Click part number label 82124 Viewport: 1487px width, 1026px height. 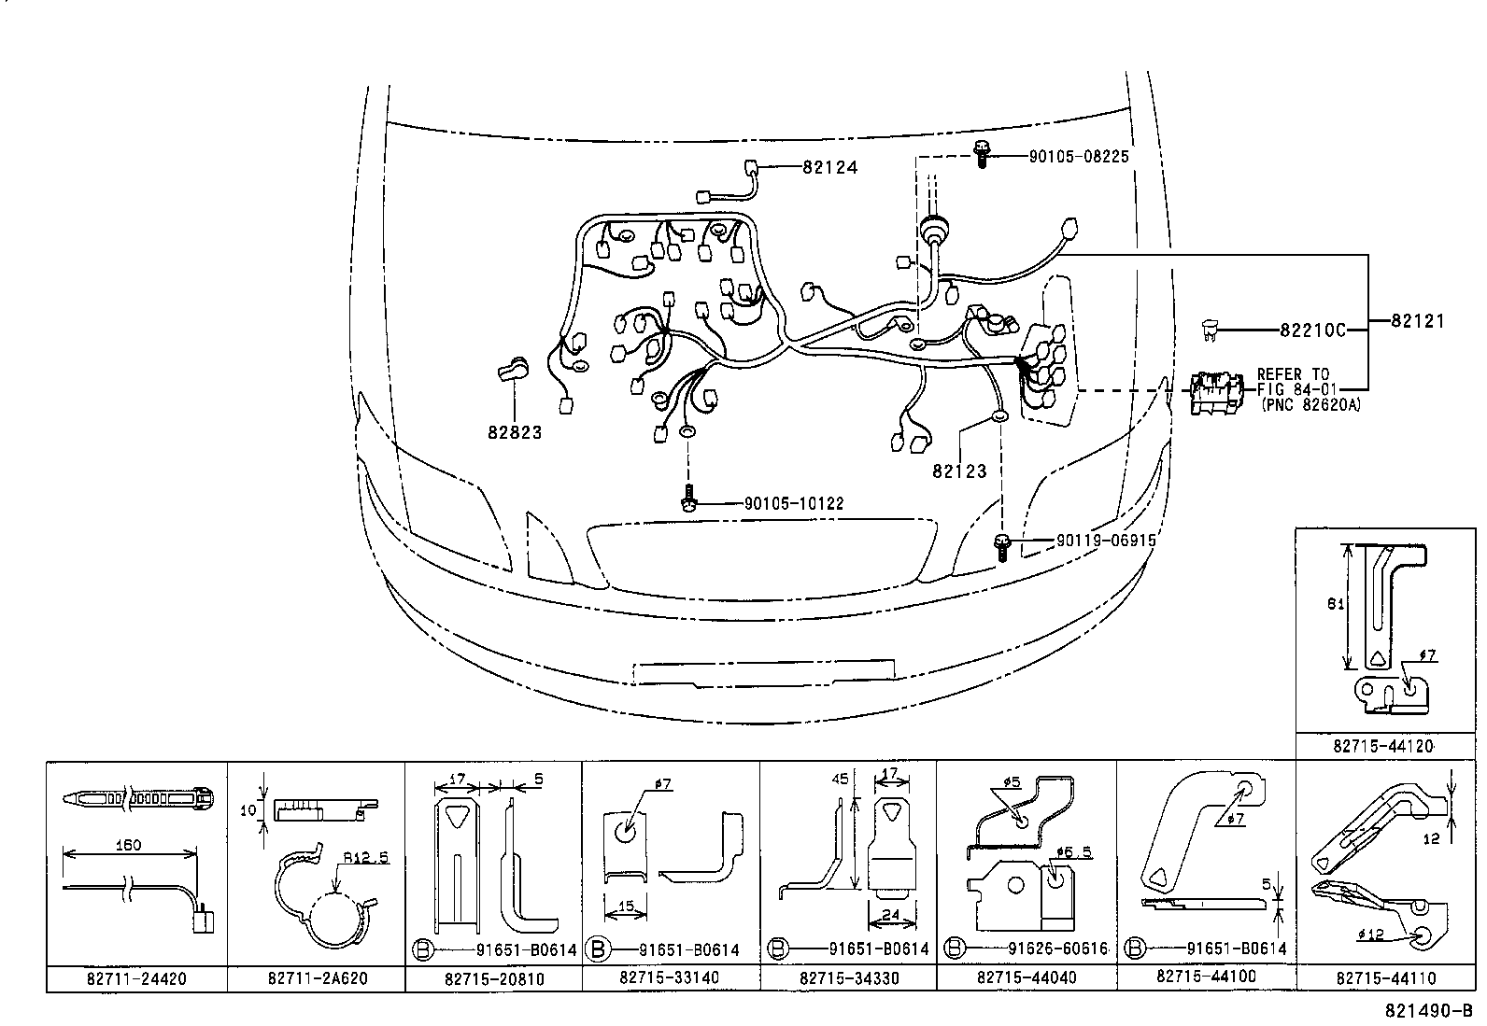coord(829,167)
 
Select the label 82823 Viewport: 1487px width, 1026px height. coord(514,432)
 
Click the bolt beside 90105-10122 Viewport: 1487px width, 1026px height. coord(688,499)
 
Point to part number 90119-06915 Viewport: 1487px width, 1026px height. coord(1106,541)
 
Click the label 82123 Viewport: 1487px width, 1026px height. coord(959,471)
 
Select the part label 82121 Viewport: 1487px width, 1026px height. coord(1417,320)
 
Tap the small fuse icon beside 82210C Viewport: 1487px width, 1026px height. coord(1211,329)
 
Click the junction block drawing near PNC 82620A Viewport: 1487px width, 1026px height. coord(1216,392)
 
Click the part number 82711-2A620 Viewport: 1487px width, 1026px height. coord(318,977)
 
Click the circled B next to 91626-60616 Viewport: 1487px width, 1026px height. coord(954,949)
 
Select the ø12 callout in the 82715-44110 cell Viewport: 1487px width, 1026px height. coord(1372,935)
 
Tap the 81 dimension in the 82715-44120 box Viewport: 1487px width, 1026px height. coord(1336,603)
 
